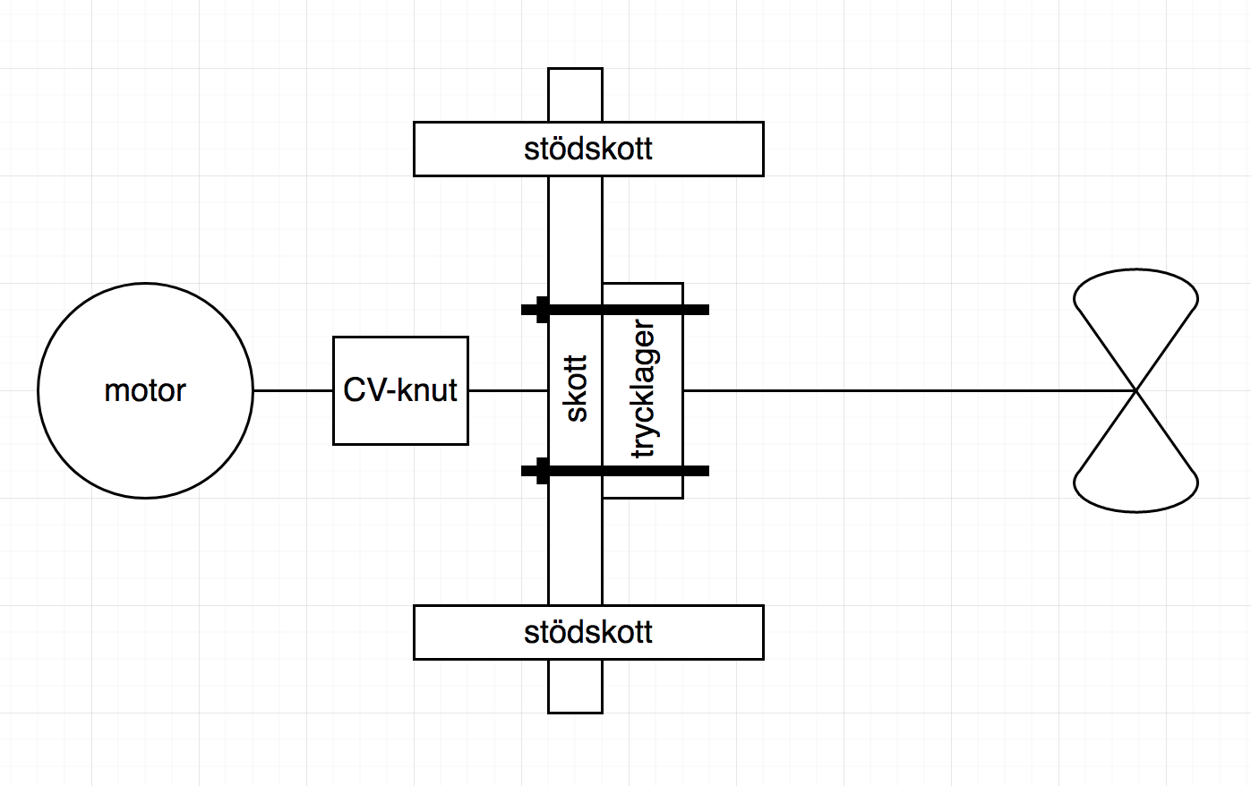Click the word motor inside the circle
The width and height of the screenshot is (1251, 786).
[x=145, y=391]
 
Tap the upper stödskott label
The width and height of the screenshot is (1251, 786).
[x=588, y=149]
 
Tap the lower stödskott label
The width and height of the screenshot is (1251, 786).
[x=588, y=633]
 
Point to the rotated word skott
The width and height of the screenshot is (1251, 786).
[x=577, y=389]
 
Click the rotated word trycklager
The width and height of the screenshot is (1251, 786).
[x=644, y=389]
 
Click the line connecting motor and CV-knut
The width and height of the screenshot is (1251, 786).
[x=293, y=391]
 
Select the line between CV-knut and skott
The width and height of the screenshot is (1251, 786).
[x=509, y=391]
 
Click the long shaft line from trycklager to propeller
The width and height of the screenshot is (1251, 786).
[x=909, y=391]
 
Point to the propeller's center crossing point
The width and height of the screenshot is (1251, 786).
[x=1136, y=391]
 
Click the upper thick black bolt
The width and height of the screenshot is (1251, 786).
[x=615, y=310]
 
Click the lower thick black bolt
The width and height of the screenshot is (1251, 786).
[x=615, y=471]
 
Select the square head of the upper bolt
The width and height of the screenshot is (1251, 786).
[x=543, y=310]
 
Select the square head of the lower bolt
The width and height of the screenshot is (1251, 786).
[x=543, y=471]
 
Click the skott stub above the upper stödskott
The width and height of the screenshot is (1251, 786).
[x=575, y=95]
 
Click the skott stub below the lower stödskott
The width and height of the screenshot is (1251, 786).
[x=575, y=687]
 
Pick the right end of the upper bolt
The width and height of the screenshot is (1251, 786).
[x=708, y=310]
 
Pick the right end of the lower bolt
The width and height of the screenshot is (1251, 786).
[x=708, y=471]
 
